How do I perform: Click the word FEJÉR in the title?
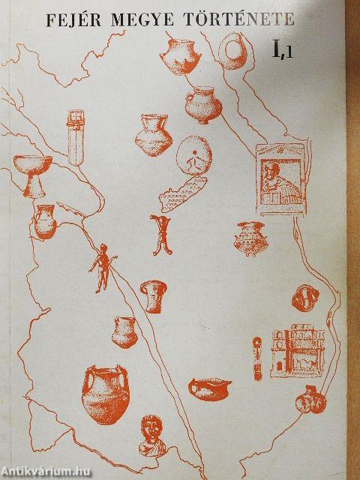[73, 20]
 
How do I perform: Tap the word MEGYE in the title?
[142, 20]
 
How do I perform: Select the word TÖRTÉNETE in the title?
[239, 19]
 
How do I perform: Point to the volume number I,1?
[283, 50]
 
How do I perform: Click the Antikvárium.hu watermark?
[46, 472]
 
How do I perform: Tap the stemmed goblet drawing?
[32, 175]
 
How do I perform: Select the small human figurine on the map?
[102, 268]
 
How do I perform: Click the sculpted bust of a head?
[152, 435]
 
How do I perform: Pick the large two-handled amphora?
[105, 394]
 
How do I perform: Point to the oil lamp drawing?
[210, 388]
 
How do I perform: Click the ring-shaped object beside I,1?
[233, 51]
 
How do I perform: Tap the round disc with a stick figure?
[193, 155]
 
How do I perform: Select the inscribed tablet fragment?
[183, 194]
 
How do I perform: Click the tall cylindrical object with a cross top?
[75, 137]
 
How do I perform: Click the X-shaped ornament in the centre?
[161, 235]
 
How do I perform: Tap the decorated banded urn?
[250, 238]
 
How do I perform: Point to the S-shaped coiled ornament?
[305, 298]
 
